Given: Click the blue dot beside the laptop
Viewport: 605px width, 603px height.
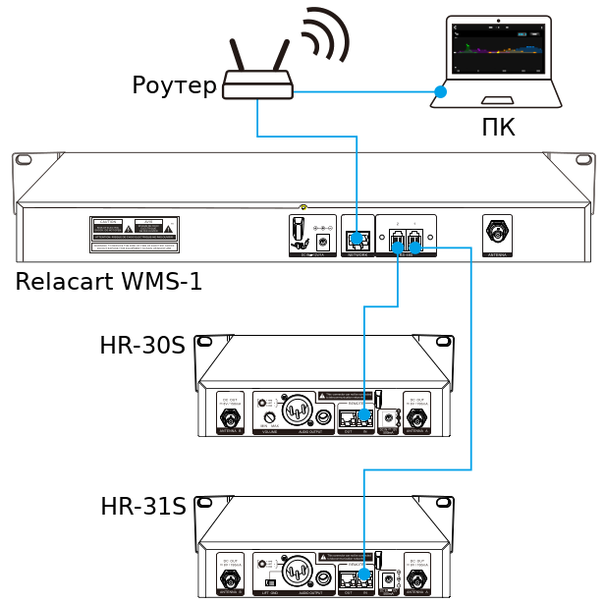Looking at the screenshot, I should click(441, 92).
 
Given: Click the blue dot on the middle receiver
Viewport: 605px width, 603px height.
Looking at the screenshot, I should click(366, 412).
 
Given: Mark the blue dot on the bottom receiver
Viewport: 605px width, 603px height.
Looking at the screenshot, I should click(366, 574).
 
